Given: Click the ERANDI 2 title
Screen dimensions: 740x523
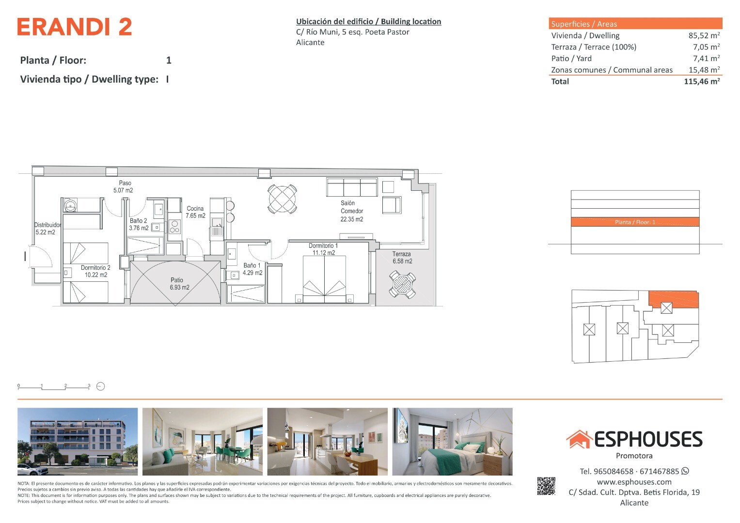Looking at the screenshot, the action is pos(75,27).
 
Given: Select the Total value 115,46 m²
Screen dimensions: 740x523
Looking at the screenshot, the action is pos(702,81).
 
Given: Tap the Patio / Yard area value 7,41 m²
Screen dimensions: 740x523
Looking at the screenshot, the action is pos(706,59).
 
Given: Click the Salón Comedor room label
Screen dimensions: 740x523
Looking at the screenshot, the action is pos(352,211).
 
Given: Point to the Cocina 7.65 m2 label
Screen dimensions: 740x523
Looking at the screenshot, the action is pos(195,212).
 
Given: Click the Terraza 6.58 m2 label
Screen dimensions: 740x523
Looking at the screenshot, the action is pos(402,258).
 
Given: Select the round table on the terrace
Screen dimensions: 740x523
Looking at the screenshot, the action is pos(402,284).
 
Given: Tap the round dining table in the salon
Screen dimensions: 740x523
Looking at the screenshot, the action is pos(282,199).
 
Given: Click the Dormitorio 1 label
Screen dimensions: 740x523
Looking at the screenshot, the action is pos(323,246).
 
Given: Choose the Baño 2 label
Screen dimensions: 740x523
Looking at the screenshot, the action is pos(139,220).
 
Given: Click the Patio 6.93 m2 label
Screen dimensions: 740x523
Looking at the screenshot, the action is pos(179,284).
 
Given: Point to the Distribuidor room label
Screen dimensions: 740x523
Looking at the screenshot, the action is pos(47,225).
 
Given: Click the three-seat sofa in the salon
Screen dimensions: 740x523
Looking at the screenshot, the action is pos(352,187).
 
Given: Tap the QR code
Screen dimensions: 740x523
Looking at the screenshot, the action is pos(546,486).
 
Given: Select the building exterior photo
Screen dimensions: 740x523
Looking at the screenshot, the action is pos(78,442).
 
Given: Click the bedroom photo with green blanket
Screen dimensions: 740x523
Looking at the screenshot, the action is pos(452,442).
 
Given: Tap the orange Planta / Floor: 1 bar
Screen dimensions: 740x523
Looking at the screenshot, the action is pos(635,222).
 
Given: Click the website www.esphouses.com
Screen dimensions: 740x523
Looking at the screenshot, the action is pos(634,482).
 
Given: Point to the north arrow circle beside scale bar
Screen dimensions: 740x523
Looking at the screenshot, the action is pos(100,386).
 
